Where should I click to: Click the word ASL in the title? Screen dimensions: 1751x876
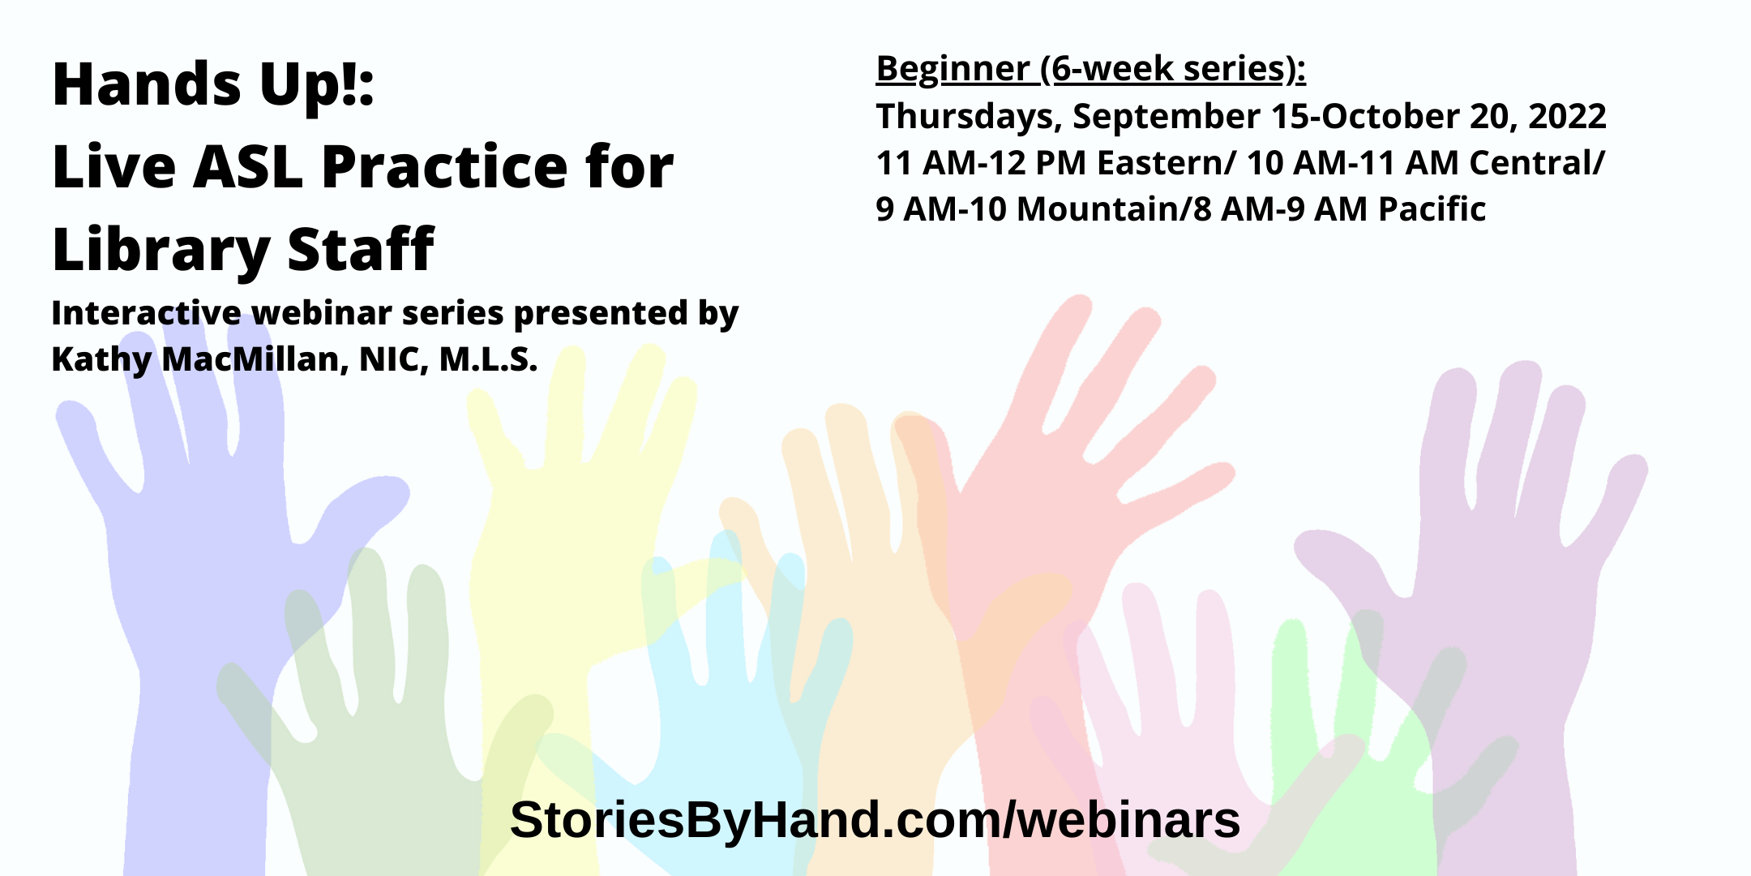[x=247, y=166]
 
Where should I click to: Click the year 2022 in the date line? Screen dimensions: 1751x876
[x=1567, y=116]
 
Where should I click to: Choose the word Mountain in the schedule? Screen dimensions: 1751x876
[x=1097, y=209]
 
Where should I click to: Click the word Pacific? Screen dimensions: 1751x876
[x=1432, y=209]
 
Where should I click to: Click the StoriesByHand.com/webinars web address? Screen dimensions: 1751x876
[x=875, y=819]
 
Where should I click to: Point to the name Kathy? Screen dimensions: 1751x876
[x=101, y=360]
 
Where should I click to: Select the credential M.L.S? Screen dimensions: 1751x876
[x=488, y=359]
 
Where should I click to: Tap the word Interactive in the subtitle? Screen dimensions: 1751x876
[x=146, y=313]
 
